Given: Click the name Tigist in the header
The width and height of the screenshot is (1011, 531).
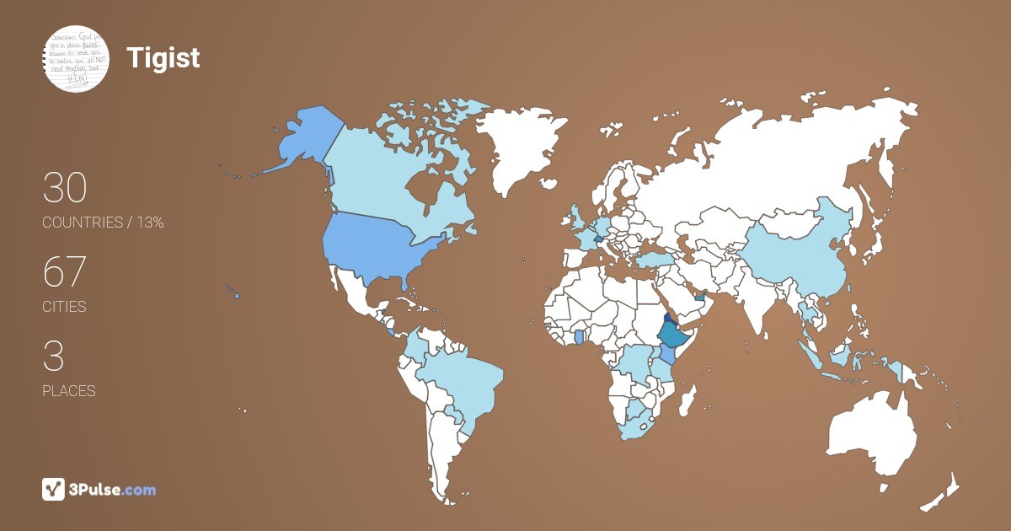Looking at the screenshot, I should click(x=163, y=58).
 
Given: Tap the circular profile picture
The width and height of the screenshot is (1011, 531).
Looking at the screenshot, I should click(x=77, y=58).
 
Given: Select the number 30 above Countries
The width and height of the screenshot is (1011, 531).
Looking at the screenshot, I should click(x=65, y=188).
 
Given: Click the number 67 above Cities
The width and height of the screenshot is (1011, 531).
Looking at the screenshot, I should click(x=65, y=272).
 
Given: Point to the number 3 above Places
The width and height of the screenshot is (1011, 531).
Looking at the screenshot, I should click(x=53, y=357).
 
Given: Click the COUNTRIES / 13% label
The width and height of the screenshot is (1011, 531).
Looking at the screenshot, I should click(x=103, y=223).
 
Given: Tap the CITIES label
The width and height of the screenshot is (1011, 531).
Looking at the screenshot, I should click(x=65, y=307).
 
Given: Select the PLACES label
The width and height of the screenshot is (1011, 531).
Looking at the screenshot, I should click(x=69, y=391).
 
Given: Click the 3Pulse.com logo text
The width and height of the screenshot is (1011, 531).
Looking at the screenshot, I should click(x=112, y=490).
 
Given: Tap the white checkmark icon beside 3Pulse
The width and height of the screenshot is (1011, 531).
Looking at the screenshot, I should click(x=54, y=490).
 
